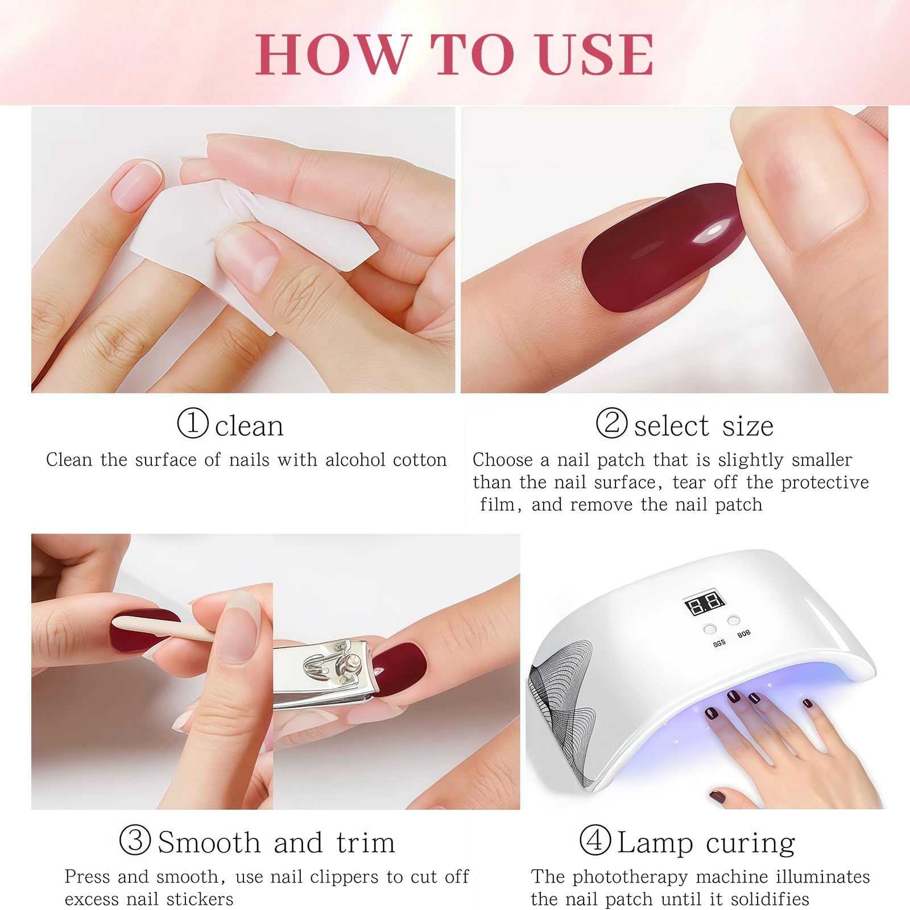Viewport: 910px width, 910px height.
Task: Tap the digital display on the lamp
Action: click(705, 604)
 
